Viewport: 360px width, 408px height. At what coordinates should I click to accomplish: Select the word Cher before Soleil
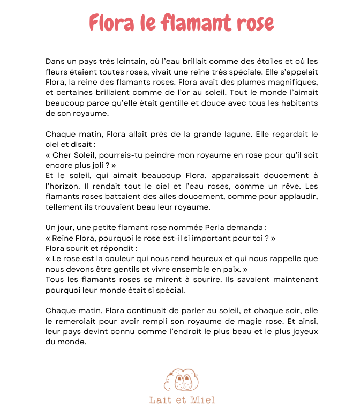(63, 155)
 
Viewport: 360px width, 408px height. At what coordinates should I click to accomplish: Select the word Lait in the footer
(159, 400)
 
